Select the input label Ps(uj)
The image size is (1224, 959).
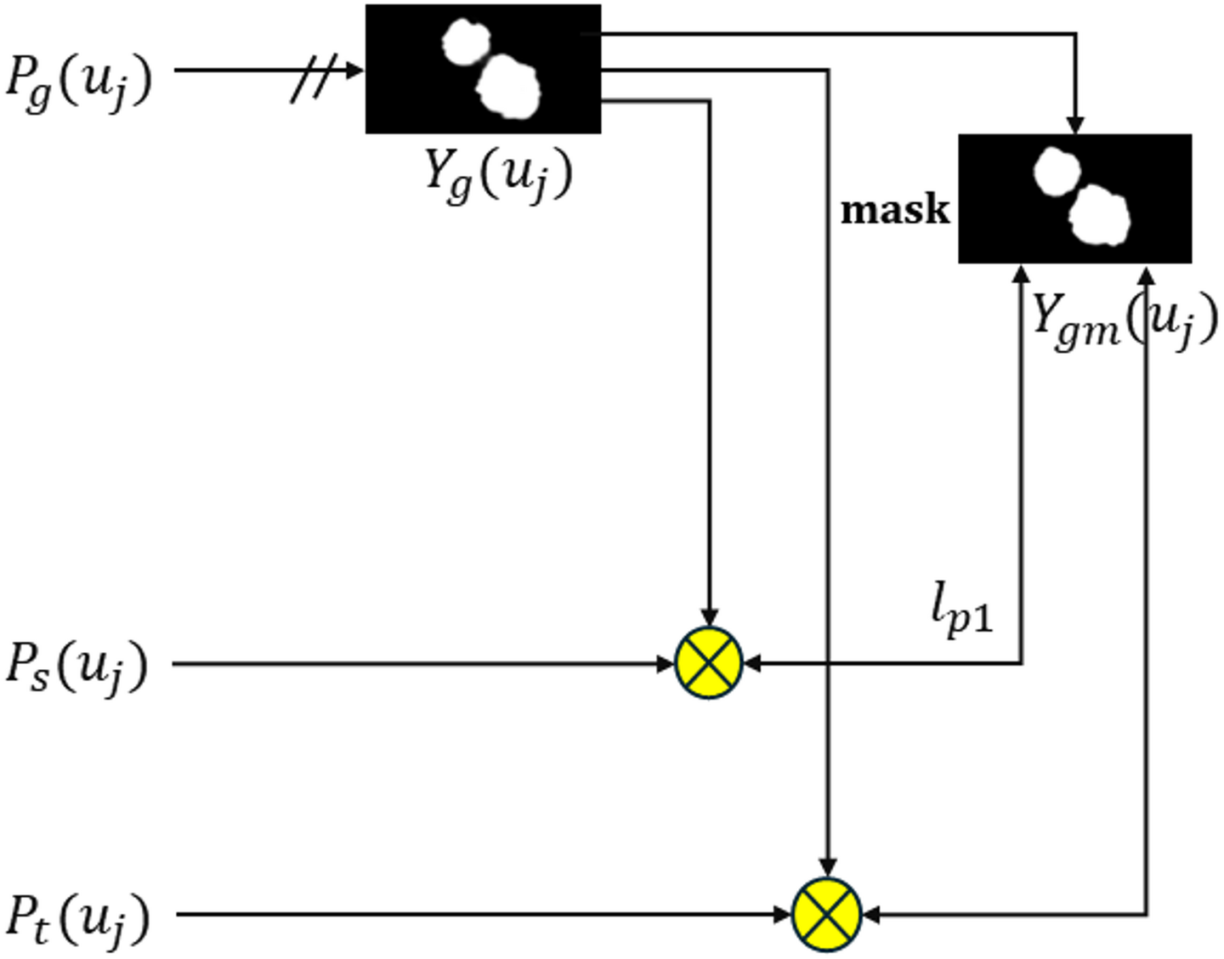[76, 666]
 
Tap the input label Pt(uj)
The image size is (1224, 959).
[78, 918]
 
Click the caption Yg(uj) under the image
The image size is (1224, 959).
[498, 175]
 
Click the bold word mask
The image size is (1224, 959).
[894, 210]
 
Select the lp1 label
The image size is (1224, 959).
[961, 610]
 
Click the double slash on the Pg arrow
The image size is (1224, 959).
[312, 78]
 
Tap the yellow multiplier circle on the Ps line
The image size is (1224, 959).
[709, 663]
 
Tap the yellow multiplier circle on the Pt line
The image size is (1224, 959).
[827, 914]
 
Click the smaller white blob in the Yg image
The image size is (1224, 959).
[466, 43]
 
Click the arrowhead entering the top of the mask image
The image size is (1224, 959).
[1076, 125]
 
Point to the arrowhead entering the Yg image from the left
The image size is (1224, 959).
[355, 70]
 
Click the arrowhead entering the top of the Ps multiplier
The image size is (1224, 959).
[709, 618]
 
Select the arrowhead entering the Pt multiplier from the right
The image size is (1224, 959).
[870, 915]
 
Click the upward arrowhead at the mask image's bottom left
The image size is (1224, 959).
[1022, 274]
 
